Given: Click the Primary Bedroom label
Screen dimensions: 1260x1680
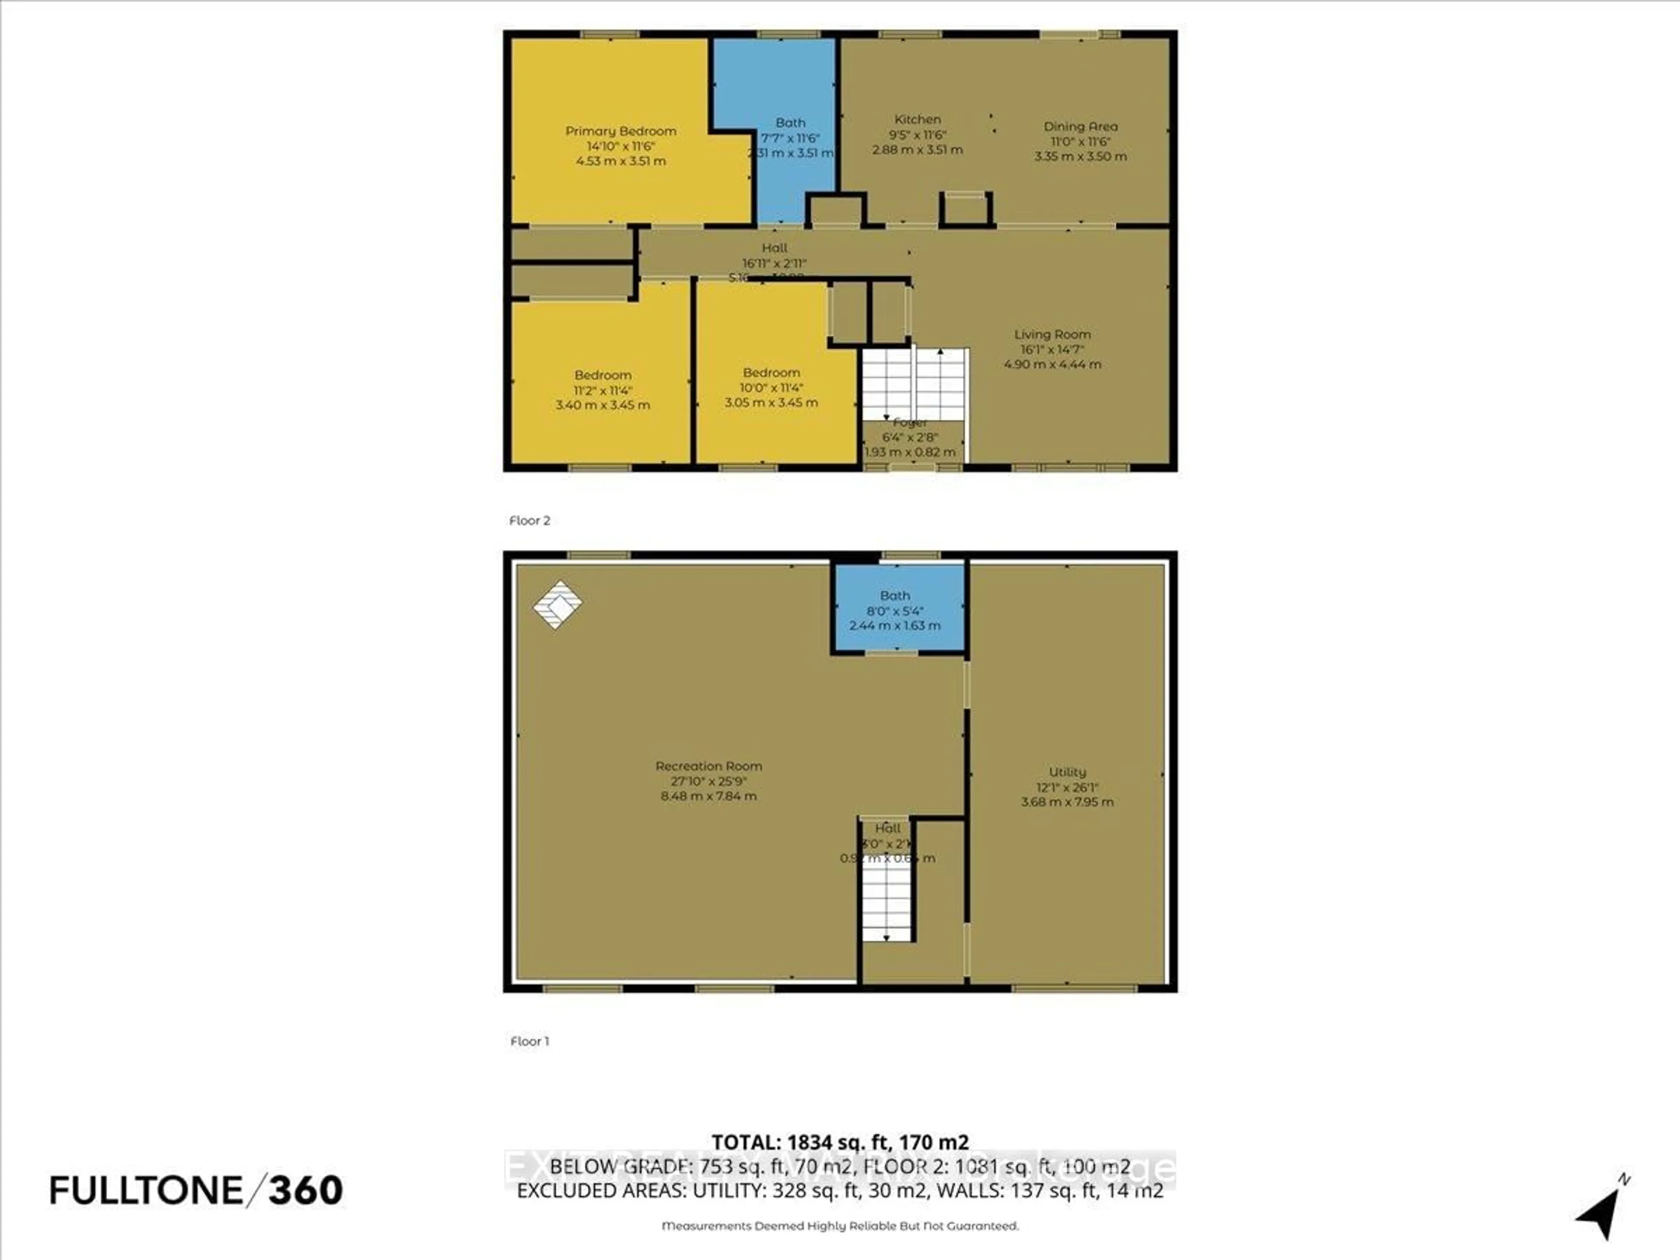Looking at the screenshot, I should click(620, 131).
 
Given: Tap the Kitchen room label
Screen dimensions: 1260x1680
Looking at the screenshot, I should click(917, 119).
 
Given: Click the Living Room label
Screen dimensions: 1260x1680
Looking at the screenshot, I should click(1052, 334).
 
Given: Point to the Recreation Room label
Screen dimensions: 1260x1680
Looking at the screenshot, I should click(708, 766).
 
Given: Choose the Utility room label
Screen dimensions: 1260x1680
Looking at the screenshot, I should click(1067, 772).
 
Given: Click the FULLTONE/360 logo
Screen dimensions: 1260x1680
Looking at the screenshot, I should click(196, 1190).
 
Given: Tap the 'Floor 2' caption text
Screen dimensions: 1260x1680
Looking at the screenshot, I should click(529, 520).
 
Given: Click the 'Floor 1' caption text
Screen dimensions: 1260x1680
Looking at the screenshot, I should click(529, 1041).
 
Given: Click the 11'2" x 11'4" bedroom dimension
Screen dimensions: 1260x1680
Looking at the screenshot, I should click(602, 390).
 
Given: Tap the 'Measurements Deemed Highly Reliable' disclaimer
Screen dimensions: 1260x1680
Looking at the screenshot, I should click(840, 1226).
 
